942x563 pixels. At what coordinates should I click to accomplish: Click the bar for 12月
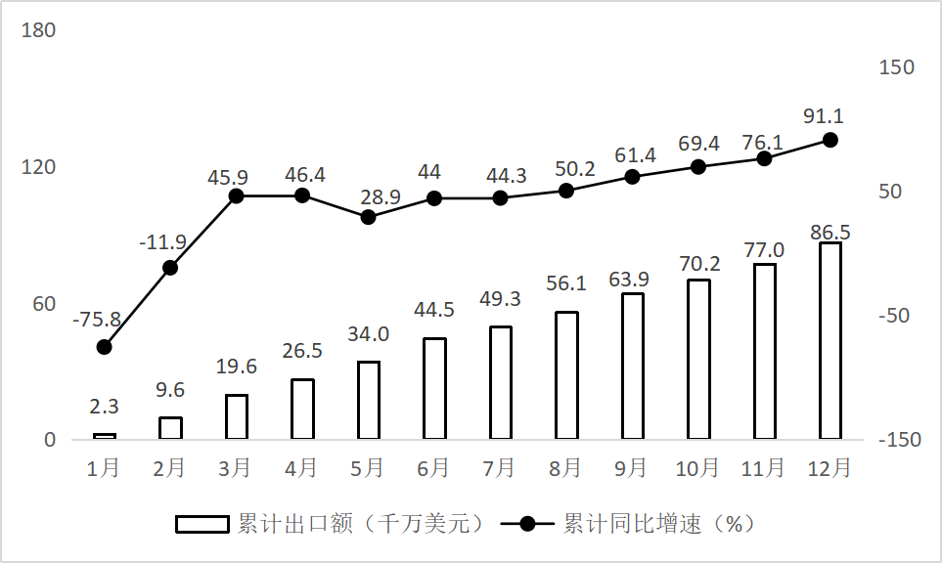tap(830, 340)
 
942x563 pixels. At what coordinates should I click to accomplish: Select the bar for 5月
tap(369, 400)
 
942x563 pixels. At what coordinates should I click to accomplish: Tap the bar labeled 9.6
tap(170, 428)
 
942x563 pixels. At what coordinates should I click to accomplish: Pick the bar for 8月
tap(566, 375)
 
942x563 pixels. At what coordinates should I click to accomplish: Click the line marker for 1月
tap(105, 347)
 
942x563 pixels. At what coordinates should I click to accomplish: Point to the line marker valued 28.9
tap(369, 217)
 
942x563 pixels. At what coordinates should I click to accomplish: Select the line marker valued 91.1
tap(830, 140)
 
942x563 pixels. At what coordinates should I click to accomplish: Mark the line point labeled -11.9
tap(170, 267)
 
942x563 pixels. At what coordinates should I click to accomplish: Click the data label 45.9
tap(236, 178)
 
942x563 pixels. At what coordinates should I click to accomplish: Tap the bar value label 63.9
tap(631, 280)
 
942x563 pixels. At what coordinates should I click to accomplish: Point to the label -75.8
tap(97, 320)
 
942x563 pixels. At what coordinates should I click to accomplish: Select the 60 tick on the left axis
tap(43, 304)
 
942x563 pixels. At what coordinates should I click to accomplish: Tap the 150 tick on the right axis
tap(897, 67)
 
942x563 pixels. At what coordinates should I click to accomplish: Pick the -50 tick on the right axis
tap(897, 316)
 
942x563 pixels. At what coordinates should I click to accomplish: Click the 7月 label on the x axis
tap(500, 468)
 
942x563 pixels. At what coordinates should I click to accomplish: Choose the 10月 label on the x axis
tap(697, 468)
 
